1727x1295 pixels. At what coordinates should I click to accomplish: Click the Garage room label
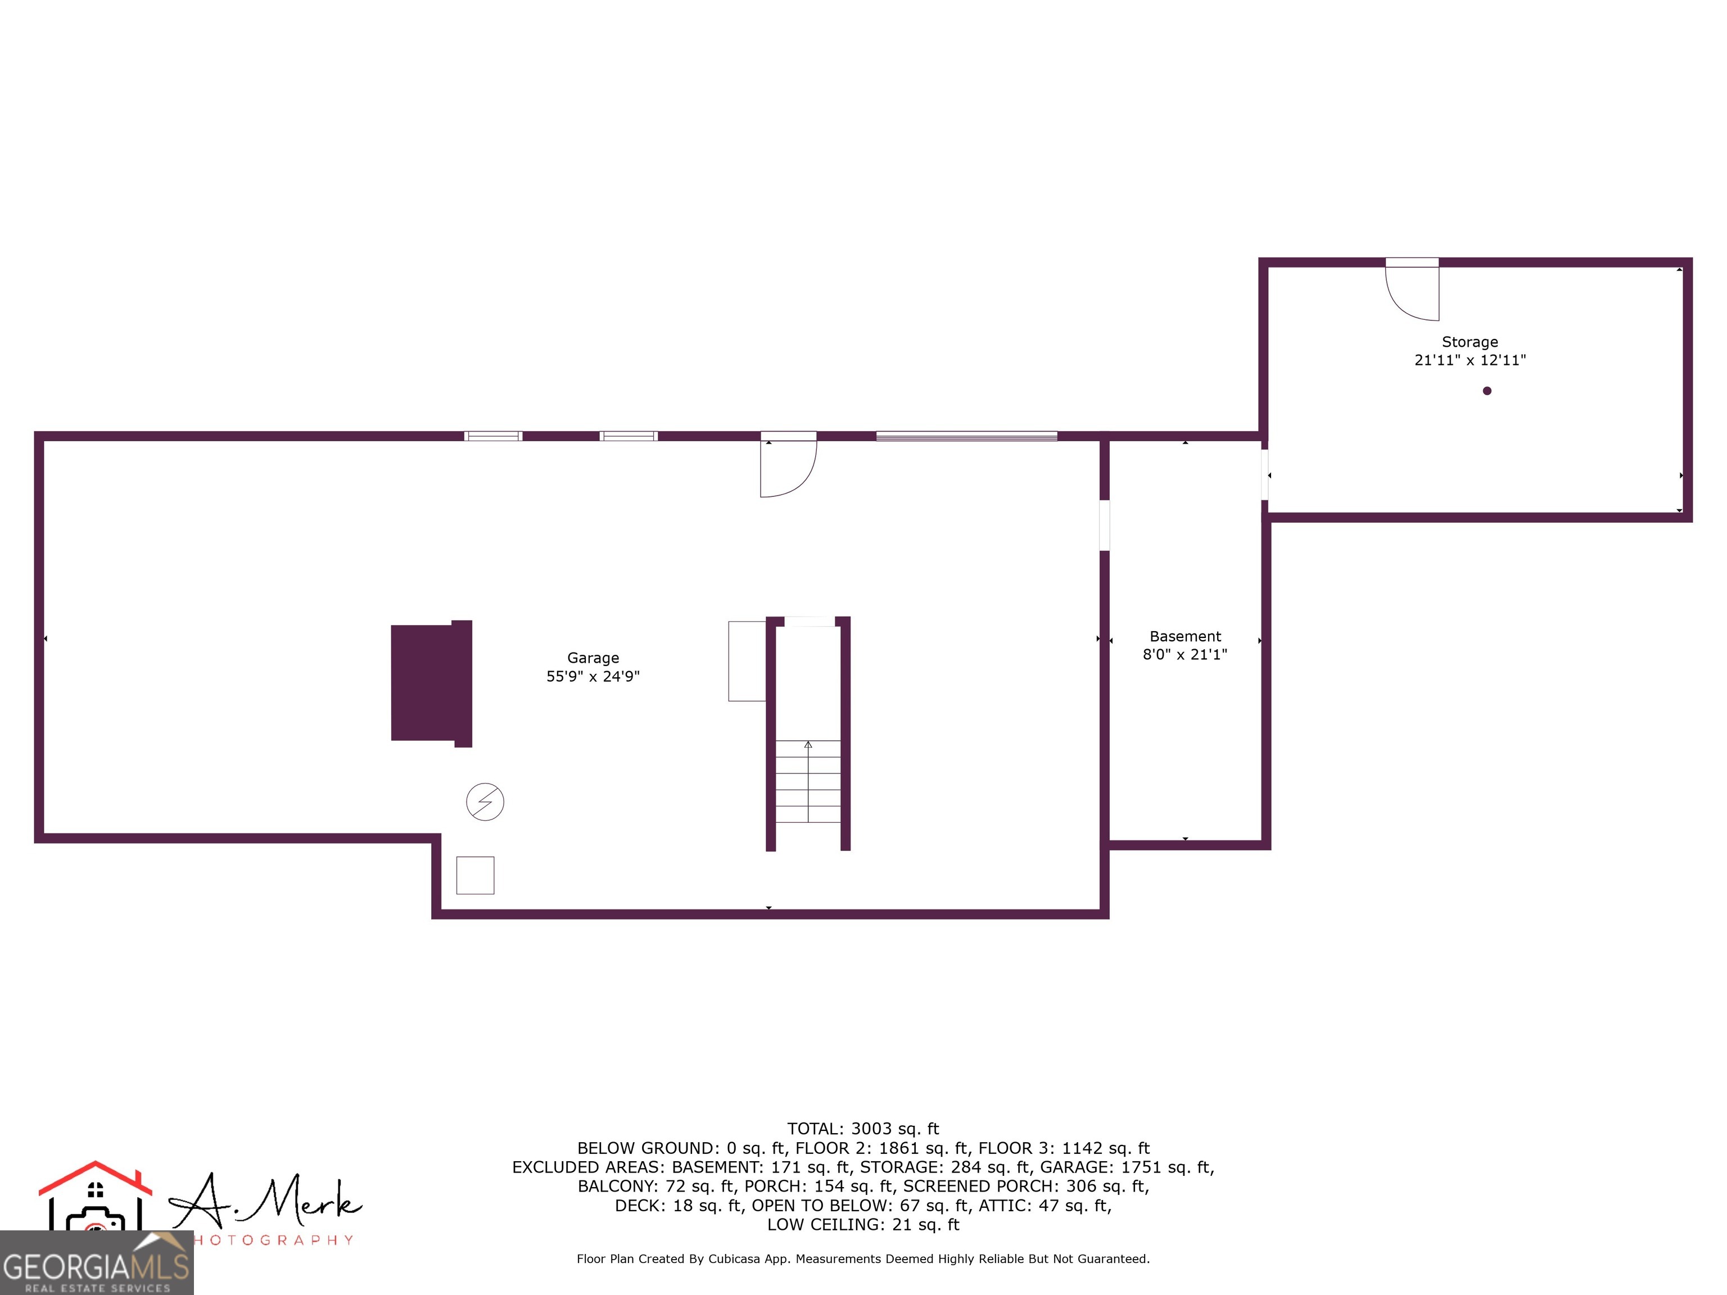click(593, 658)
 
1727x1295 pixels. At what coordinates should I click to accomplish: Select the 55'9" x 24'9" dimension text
click(593, 677)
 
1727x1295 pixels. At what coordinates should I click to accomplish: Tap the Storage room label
click(1470, 342)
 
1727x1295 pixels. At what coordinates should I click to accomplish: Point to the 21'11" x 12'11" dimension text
click(1470, 360)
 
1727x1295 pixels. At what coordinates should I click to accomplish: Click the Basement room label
click(1185, 636)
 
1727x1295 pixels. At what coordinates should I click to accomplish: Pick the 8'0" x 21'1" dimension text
click(1185, 655)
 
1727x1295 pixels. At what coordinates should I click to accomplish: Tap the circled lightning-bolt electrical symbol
click(485, 802)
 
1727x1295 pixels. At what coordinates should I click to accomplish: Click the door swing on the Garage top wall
click(788, 467)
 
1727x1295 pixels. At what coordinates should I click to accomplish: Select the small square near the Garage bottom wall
click(474, 875)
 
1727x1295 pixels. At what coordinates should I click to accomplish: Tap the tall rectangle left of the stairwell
click(747, 661)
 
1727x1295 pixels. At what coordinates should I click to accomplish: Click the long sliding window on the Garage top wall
click(966, 436)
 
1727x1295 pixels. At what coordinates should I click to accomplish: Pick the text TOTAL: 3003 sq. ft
click(863, 1129)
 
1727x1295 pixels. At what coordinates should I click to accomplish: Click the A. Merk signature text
click(265, 1202)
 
